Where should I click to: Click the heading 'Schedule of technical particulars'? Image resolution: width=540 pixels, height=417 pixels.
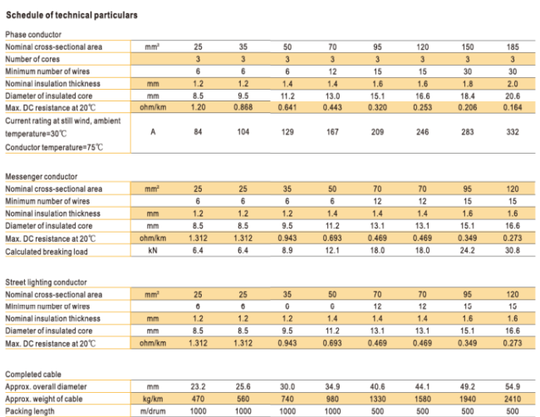(x=71, y=15)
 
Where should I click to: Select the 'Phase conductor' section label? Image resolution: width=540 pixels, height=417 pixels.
(x=33, y=34)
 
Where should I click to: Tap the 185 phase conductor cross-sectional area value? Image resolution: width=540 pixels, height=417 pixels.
(x=513, y=47)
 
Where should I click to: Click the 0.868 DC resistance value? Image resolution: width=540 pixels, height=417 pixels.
(x=243, y=107)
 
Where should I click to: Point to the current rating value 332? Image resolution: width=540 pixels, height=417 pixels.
(x=513, y=132)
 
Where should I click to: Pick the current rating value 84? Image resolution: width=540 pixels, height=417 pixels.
(x=198, y=132)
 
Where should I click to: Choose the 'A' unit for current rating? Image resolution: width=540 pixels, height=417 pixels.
(x=153, y=132)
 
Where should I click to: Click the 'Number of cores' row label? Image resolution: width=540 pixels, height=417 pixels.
(x=32, y=59)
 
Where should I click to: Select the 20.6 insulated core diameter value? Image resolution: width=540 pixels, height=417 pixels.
(x=513, y=96)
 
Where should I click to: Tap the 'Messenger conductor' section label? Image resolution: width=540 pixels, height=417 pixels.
(x=42, y=177)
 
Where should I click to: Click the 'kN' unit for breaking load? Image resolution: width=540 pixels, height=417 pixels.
(x=153, y=250)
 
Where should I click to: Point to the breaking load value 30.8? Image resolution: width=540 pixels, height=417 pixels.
(x=513, y=250)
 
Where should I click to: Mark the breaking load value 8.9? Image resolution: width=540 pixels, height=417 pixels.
(x=287, y=250)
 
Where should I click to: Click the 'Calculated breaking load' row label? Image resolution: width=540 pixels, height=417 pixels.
(x=47, y=252)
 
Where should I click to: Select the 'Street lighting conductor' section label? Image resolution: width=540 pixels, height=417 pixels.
(x=47, y=282)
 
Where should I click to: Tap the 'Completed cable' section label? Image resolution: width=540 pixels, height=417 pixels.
(x=33, y=375)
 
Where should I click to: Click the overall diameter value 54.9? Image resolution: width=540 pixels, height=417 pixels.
(x=513, y=387)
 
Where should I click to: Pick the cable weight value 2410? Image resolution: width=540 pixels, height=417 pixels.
(x=513, y=399)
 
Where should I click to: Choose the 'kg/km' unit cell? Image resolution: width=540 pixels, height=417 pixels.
(x=153, y=399)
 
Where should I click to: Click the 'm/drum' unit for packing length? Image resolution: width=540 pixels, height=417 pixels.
(x=153, y=411)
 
